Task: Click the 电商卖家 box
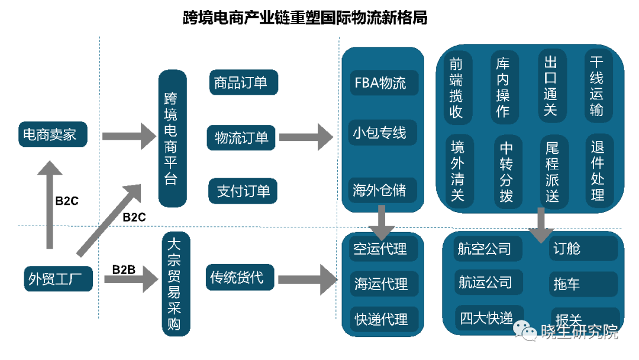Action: [52, 135]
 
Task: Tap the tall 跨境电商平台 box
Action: [172, 139]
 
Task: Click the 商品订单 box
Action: [243, 82]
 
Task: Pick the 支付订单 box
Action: [243, 191]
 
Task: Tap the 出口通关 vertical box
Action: [551, 86]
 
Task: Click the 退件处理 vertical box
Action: [598, 171]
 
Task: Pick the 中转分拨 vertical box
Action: [506, 172]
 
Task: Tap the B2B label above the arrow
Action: [124, 270]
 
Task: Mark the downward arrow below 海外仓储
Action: [382, 220]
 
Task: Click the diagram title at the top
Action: [305, 18]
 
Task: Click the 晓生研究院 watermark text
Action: [579, 332]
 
